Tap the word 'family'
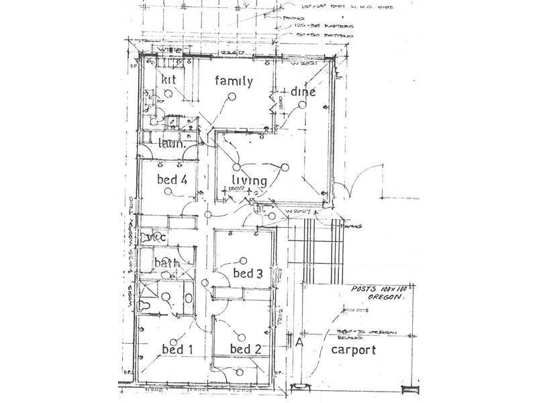tap(234, 82)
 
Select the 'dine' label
tap(303, 92)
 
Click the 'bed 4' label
tap(171, 179)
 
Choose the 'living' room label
tap(249, 180)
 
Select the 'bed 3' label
tap(247, 273)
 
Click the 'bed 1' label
tap(177, 349)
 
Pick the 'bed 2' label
tap(245, 349)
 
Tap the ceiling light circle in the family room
tap(232, 97)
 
